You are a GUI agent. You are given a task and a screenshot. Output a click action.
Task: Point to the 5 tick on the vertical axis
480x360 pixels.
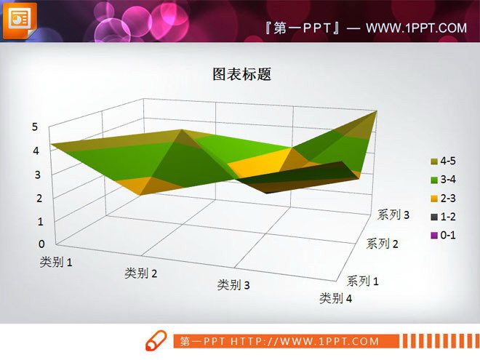[x=34, y=127]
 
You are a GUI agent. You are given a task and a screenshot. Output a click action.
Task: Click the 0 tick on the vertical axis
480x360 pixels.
[x=42, y=244]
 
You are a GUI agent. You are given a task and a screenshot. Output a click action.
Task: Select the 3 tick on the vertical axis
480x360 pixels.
[x=37, y=174]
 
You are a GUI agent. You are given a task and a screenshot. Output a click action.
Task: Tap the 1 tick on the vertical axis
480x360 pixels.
[x=41, y=220]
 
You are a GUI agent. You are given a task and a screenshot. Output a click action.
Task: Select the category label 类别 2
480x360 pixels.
[x=141, y=273]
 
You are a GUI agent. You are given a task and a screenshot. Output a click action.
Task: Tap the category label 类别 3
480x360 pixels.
[x=233, y=285]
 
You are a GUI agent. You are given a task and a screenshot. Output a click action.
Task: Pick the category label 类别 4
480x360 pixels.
[x=337, y=298]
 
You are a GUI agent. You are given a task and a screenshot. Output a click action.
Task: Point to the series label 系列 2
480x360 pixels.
[x=382, y=244]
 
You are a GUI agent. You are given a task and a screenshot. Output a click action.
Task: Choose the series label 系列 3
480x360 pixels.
[x=393, y=215]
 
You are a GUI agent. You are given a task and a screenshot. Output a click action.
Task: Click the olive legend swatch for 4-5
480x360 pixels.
[x=434, y=161]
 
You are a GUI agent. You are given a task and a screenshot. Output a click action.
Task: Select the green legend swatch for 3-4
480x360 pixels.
[x=434, y=180]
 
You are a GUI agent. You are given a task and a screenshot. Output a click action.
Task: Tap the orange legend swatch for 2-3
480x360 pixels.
[x=434, y=198]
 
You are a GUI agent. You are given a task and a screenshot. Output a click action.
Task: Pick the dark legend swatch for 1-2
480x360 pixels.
[x=434, y=216]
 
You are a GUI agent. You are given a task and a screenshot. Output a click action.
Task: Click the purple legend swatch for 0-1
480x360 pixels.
[x=434, y=234]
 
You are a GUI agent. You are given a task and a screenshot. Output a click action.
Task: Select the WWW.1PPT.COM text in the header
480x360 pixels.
[x=415, y=28]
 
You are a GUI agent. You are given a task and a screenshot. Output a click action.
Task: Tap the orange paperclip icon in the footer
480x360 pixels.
[x=156, y=341]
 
